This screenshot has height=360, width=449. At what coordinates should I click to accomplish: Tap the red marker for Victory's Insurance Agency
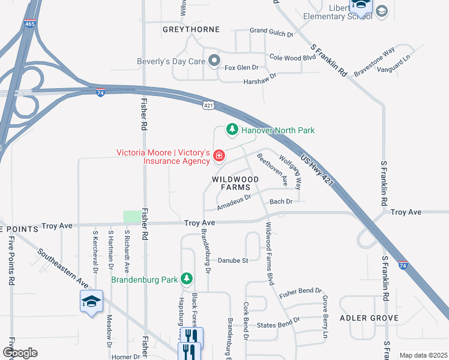pyautogui.click(x=219, y=157)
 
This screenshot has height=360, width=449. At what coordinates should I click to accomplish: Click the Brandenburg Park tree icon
pyautogui.click(x=187, y=279)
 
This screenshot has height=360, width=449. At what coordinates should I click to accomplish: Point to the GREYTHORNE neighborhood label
pyautogui.click(x=184, y=28)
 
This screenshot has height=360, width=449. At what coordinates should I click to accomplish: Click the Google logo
pyautogui.click(x=20, y=353)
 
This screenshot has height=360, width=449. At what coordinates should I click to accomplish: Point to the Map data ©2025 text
pyautogui.click(x=423, y=356)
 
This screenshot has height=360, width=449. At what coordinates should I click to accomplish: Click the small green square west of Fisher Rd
pyautogui.click(x=130, y=217)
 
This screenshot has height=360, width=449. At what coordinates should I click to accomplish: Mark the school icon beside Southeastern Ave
pyautogui.click(x=91, y=301)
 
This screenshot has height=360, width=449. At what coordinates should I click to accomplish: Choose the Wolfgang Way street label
pyautogui.click(x=290, y=171)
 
